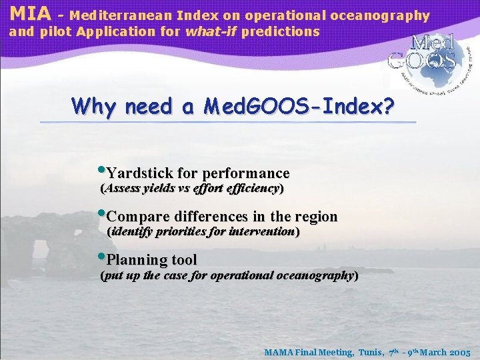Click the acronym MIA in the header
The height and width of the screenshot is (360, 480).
coord(30,13)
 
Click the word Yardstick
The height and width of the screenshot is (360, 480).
coord(137,173)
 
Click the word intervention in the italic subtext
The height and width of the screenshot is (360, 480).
coord(261,232)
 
